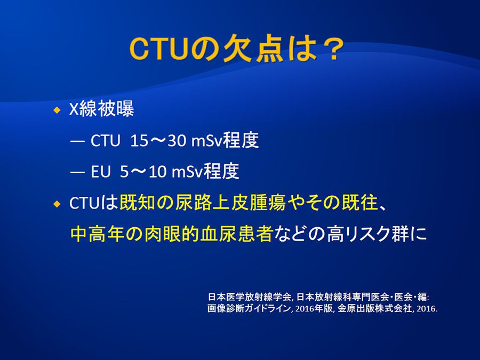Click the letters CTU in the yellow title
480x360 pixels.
[x=158, y=50]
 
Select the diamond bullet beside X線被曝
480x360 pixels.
[x=57, y=110]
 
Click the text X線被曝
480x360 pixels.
[x=102, y=109]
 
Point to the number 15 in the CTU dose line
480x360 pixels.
[x=139, y=141]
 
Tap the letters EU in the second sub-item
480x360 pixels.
[x=100, y=172]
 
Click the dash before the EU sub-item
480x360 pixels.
[x=77, y=173]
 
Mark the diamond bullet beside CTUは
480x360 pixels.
[x=57, y=204]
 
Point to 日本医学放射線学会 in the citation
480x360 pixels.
[x=249, y=297]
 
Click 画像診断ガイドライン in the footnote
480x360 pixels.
[x=249, y=308]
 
